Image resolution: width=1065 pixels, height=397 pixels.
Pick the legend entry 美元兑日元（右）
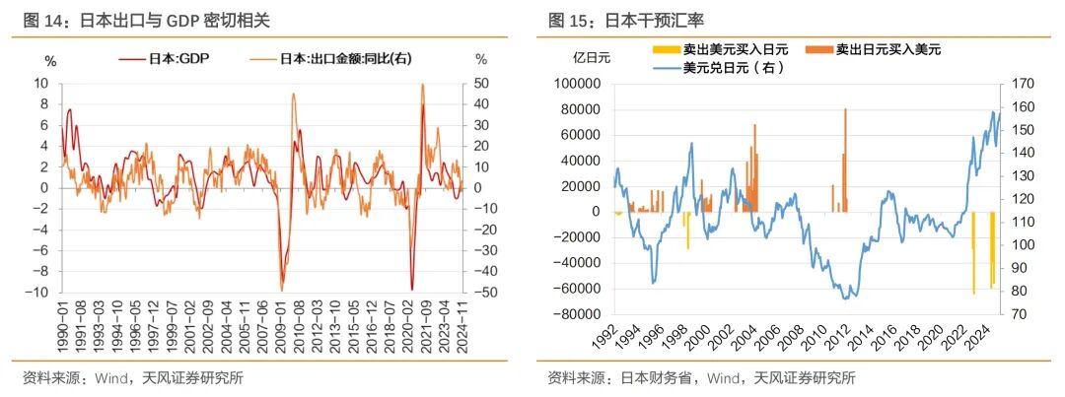point(726,67)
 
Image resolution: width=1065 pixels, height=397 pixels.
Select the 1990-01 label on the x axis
point(64,326)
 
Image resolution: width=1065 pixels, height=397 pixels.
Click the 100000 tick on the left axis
point(576,84)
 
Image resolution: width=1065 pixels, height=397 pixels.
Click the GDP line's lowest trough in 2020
point(411,288)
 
